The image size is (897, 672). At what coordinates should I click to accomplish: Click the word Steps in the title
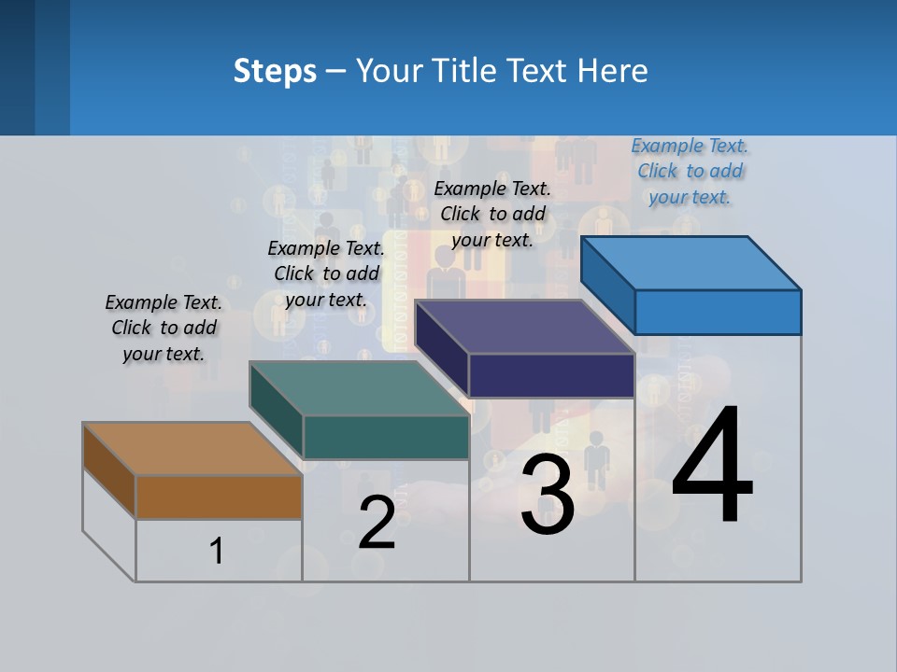[x=275, y=71]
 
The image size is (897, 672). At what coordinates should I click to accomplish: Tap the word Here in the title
[x=613, y=71]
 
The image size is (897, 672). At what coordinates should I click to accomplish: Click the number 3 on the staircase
[x=548, y=497]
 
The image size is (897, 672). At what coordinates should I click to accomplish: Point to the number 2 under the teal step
[x=377, y=523]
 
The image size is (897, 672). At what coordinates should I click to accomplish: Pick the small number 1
[x=217, y=551]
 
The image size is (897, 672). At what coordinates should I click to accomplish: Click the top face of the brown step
[x=192, y=449]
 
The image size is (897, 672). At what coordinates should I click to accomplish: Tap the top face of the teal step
[x=359, y=387]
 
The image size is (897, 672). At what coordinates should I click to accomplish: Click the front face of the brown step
[x=219, y=497]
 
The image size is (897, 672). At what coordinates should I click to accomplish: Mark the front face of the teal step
[x=386, y=437]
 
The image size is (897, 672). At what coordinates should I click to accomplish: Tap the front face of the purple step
[x=551, y=375]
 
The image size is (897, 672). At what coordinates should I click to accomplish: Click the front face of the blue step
[x=718, y=312]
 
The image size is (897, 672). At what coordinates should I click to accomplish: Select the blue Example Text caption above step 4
[x=690, y=172]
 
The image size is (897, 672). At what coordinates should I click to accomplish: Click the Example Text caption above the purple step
[x=492, y=214]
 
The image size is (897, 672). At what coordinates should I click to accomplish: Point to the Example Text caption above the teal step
[x=326, y=273]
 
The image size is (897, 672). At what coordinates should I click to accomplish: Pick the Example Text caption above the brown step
[x=164, y=328]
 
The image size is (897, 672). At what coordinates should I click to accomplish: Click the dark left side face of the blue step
[x=607, y=285]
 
